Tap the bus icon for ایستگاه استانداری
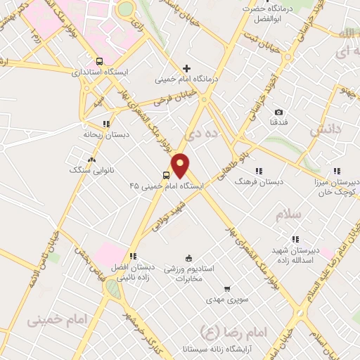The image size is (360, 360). [x=100, y=60]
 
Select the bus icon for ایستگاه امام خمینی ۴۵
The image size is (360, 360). [x=167, y=175]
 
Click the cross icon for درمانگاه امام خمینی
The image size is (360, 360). [x=186, y=68]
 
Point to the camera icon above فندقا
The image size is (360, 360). [x=278, y=112]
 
